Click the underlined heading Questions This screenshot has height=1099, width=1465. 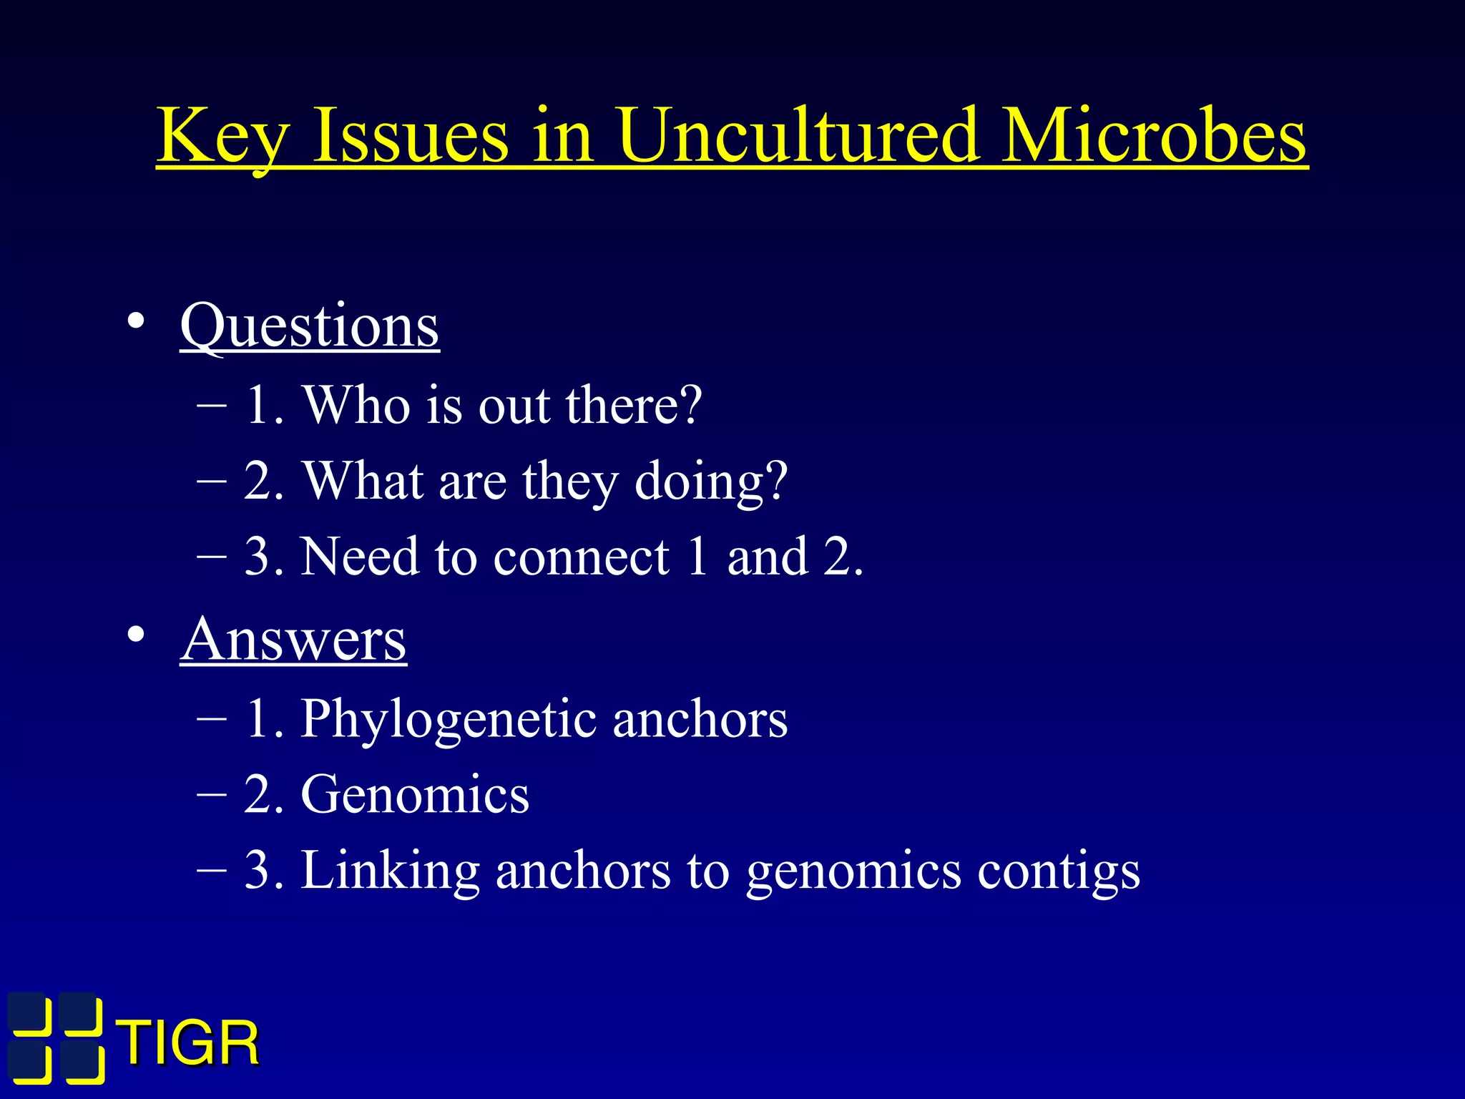pyautogui.click(x=309, y=326)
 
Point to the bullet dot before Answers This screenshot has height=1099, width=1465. pyautogui.click(x=136, y=635)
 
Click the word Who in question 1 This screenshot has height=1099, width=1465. pyautogui.click(x=356, y=405)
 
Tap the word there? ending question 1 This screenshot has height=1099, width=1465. pyautogui.click(x=634, y=405)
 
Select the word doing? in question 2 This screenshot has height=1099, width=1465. pyautogui.click(x=711, y=481)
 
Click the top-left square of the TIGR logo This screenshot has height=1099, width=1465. pyautogui.click(x=31, y=1015)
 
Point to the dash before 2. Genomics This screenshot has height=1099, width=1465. pyautogui.click(x=212, y=793)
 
